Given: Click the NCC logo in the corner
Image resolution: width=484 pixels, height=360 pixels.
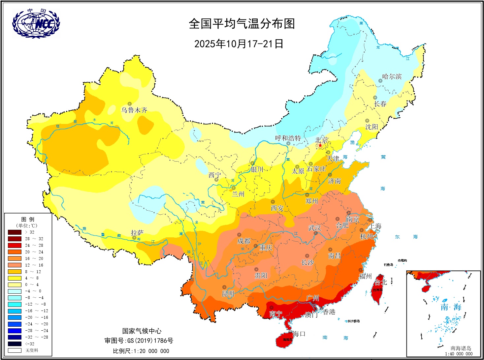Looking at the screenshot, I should pos(36,23).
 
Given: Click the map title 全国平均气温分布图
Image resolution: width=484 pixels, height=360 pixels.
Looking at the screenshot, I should pos(242,24).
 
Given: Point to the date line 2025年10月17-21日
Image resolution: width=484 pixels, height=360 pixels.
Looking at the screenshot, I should pos(239,44).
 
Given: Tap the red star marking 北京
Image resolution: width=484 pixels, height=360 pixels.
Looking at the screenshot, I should pos(320,145).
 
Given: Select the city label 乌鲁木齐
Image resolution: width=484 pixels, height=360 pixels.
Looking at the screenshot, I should pos(134,110).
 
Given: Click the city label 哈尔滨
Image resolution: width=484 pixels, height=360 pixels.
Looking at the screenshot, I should pos(392,76).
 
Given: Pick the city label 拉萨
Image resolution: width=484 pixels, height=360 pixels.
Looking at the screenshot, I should pos(137,232).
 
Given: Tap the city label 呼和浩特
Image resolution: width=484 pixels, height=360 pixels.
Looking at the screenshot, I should pos(288,138).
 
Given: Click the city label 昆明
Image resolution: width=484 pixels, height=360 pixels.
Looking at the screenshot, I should pos(228,293).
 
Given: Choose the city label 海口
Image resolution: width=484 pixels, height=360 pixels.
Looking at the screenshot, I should pos(299,334).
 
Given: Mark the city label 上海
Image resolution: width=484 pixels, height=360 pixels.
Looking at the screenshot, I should pos(375,226).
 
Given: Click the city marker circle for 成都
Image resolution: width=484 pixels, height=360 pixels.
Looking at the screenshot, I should pos(239,235).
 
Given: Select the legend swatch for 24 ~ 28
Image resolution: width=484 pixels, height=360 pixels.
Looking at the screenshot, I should pos(15,245).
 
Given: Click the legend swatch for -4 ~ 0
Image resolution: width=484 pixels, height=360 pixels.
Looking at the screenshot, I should pos(15,291).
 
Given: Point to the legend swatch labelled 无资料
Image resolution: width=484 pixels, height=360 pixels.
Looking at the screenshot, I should pos(15,350).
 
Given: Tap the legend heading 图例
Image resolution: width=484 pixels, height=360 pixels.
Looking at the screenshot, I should pos(28,219).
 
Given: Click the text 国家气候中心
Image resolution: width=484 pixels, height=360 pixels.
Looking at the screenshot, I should pos(142,331).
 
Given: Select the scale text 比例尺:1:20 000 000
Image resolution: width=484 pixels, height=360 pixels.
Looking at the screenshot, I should pos(141,351).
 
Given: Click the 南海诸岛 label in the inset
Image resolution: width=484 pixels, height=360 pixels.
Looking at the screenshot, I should pos(461,348).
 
